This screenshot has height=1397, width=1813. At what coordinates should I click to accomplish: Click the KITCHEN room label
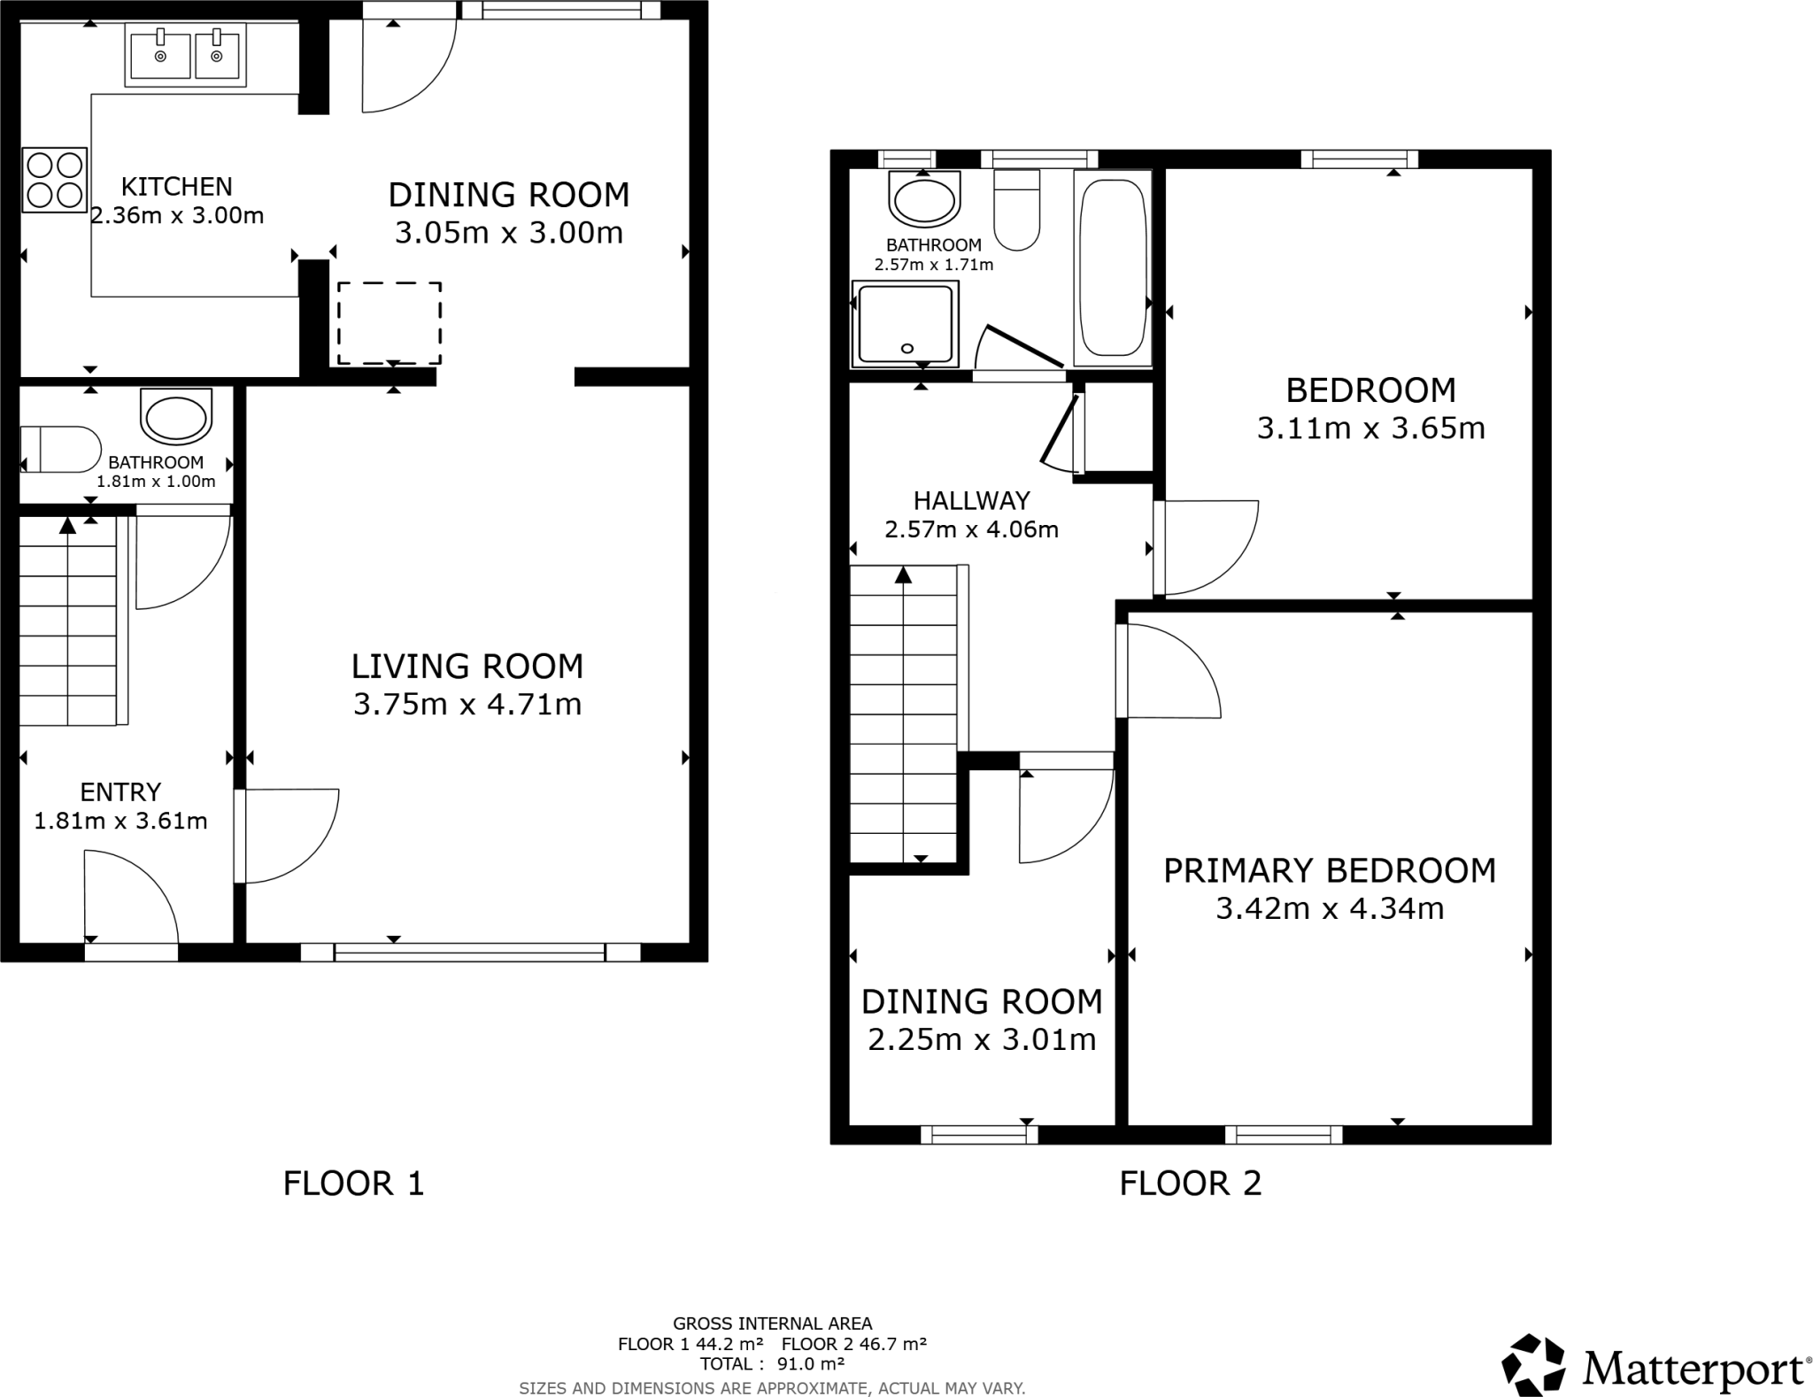tap(176, 187)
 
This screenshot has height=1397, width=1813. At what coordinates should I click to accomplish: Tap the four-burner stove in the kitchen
tap(55, 180)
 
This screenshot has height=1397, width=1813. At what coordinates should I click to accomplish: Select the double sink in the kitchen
tap(186, 56)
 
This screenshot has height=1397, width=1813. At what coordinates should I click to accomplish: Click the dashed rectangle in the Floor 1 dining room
tap(390, 323)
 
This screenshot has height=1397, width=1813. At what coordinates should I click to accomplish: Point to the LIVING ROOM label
tap(467, 666)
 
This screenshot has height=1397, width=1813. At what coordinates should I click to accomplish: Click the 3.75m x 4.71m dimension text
tap(467, 705)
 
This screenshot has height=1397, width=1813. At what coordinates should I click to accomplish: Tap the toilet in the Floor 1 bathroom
tap(60, 450)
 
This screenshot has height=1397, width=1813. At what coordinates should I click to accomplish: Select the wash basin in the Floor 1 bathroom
tap(177, 418)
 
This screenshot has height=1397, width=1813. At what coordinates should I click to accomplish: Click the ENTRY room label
tap(120, 791)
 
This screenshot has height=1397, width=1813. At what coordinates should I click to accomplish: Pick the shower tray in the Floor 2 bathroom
tap(905, 324)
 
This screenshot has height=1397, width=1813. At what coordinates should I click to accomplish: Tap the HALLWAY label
tap(971, 501)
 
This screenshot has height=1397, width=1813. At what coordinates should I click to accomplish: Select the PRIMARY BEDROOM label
tap(1329, 871)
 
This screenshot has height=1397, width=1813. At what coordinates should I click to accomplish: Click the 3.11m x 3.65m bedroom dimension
tap(1370, 428)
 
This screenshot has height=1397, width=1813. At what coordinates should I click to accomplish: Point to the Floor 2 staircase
tap(903, 714)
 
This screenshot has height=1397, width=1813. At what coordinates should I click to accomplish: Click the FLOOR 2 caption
tap(1190, 1184)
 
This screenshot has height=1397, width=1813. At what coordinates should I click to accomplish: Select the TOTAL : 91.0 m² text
tap(772, 1364)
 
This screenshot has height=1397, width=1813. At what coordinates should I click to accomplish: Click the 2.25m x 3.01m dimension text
tap(982, 1039)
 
